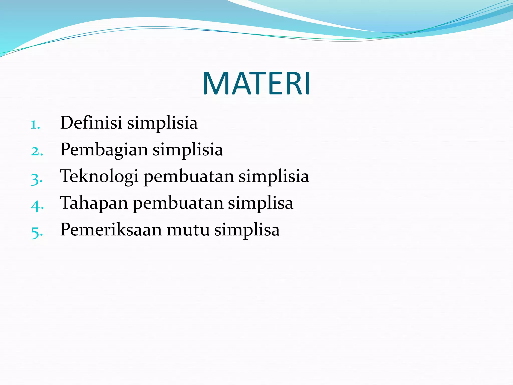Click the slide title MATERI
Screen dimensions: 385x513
pos(256,83)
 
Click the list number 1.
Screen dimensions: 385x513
pos(35,125)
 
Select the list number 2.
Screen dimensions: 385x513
pos(37,151)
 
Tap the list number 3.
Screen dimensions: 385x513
pos(37,179)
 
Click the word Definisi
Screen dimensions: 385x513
pos(91,123)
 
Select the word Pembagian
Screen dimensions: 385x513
pos(104,150)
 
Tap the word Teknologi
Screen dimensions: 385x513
pos(99,176)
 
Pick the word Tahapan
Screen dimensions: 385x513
pos(94,203)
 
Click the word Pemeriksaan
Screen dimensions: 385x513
pos(111,230)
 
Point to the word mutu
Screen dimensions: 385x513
pos(188,230)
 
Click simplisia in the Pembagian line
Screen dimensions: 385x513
pos(188,150)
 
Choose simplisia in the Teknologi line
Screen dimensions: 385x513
pos(274,176)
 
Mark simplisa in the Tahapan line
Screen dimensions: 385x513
pos(261,203)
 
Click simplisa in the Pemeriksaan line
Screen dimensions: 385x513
pos(247,230)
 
